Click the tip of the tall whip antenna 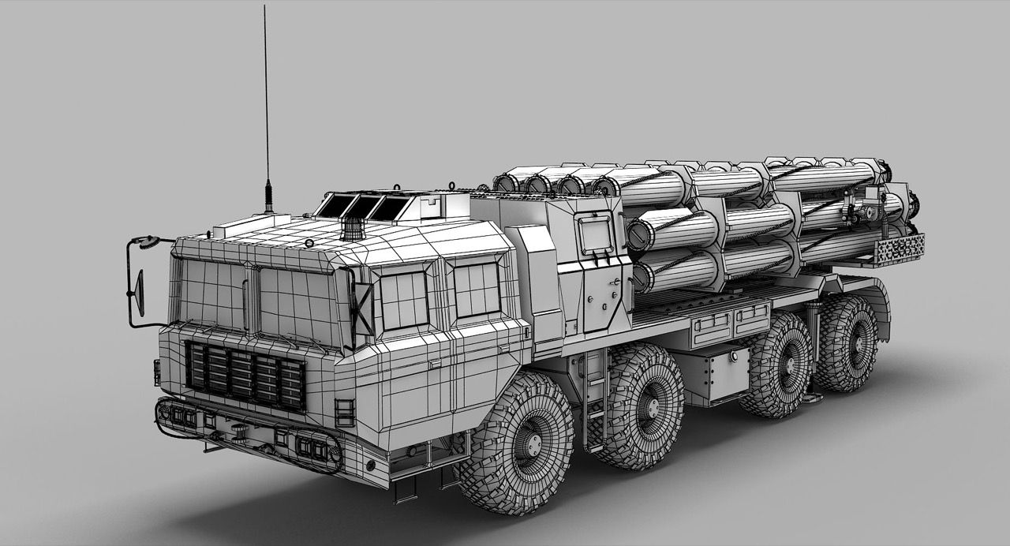tap(264, 7)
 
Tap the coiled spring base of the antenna tap(268, 195)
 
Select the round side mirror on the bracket tap(140, 293)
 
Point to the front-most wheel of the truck tap(517, 444)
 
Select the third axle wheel tap(776, 365)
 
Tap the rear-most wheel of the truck tap(845, 343)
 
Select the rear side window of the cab tap(477, 289)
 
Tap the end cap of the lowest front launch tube tap(643, 277)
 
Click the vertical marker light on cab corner tap(345, 412)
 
